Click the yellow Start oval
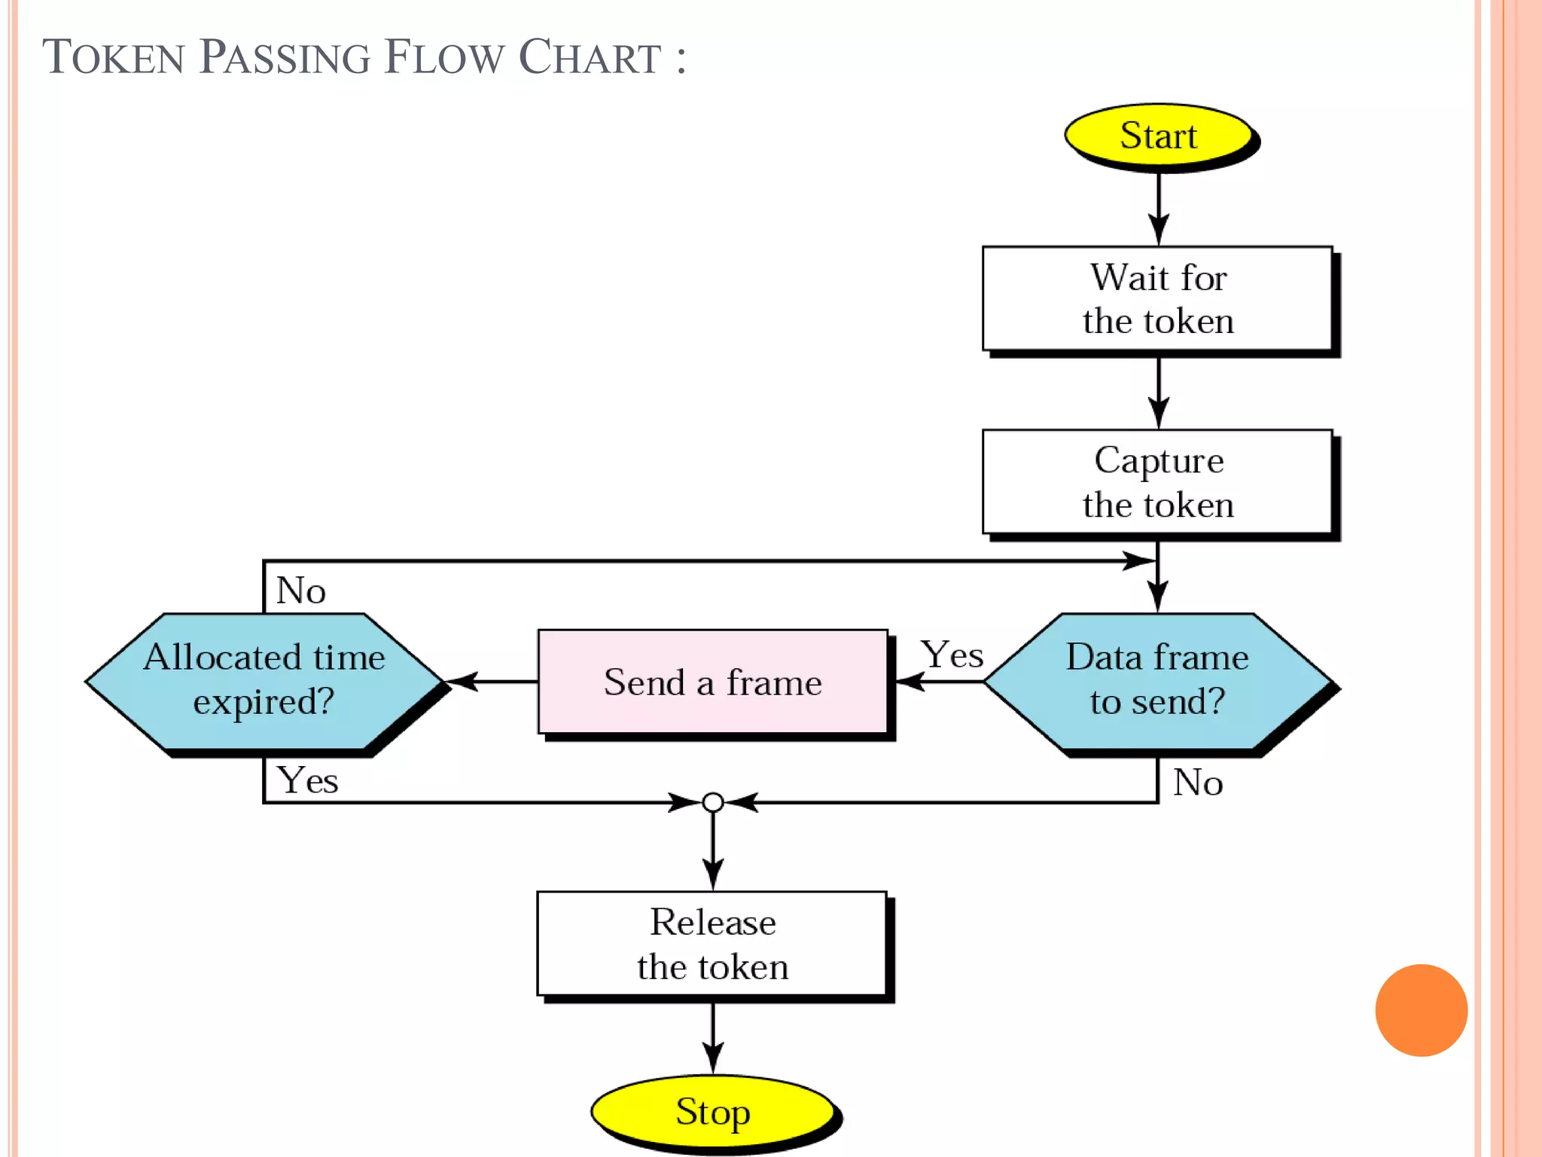coord(1158,136)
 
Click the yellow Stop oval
coord(712,1112)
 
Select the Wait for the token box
coord(1157,299)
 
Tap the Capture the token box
coord(1157,482)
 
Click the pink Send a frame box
coord(712,682)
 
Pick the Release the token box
coord(712,944)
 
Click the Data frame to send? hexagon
coord(1157,680)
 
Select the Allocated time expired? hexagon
coord(264,680)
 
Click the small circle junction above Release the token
coord(712,802)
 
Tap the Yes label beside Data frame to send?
coord(952,655)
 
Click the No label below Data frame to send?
coord(1197,783)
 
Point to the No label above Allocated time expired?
coord(300,590)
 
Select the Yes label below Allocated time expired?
coord(307,780)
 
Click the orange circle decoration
coord(1421,1010)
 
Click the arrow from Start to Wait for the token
coord(1158,207)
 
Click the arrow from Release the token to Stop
coord(712,1036)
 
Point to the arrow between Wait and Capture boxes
coord(1158,391)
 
